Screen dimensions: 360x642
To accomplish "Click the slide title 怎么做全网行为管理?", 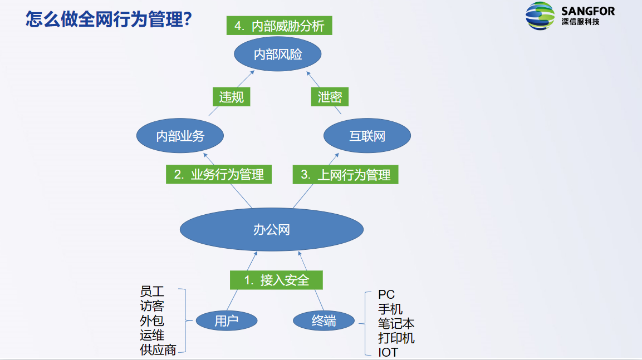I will click(109, 20).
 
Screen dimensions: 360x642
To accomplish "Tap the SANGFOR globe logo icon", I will click(540, 16).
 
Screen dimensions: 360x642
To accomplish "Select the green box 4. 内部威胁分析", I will click(280, 26).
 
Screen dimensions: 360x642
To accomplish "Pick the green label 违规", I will click(231, 97).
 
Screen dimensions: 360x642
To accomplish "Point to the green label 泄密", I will click(330, 97).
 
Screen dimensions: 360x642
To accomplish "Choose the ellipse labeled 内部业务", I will click(180, 135).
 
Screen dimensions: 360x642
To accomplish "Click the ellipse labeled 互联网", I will click(367, 135).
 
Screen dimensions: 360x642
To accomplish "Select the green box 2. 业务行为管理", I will click(219, 174).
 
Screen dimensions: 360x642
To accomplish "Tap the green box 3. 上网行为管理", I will click(346, 175).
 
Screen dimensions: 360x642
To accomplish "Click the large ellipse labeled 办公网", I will click(272, 229).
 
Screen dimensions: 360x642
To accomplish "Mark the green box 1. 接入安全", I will click(277, 280).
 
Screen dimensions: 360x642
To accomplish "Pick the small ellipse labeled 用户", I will click(227, 320).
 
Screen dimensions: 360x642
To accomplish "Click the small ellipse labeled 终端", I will click(324, 320).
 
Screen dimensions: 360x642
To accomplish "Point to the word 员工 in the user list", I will click(152, 292).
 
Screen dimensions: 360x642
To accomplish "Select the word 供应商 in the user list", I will click(158, 349).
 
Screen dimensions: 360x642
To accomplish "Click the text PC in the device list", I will click(386, 294).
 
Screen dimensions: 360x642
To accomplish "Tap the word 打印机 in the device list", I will click(396, 338).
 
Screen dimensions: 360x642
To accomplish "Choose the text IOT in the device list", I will click(388, 352).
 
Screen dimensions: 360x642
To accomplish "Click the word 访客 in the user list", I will click(152, 306).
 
